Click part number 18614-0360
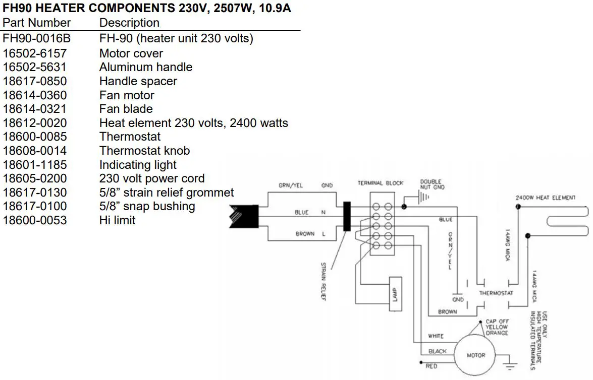35,95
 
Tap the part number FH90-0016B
35,39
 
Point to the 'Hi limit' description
117,220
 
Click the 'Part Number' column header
36,23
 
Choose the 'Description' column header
129,23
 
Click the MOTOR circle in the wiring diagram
475,355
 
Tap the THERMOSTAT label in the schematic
496,293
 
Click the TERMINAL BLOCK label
380,183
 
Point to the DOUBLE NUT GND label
432,184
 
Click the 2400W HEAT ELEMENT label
545,198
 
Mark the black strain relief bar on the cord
347,216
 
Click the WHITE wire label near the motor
436,336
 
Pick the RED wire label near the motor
432,366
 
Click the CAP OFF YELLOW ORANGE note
497,327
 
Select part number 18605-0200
35,179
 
